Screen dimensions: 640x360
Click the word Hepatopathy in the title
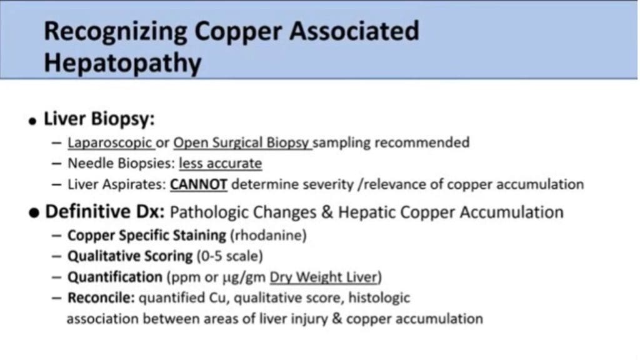point(122,64)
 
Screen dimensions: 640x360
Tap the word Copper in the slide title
point(238,32)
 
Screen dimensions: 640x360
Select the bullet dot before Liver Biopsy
point(32,121)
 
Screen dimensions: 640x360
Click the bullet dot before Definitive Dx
point(34,212)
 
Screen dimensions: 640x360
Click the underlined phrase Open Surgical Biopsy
point(241,142)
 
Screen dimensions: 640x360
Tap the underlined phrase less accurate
point(221,163)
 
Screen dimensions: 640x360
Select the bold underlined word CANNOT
point(198,184)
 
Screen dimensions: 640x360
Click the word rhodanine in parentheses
point(268,236)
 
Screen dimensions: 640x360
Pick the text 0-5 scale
point(230,256)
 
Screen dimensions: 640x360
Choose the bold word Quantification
point(115,277)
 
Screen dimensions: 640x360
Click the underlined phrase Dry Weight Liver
point(323,277)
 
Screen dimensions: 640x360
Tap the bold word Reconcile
point(101,298)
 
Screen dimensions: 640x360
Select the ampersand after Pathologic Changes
point(327,212)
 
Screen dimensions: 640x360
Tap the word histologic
point(379,298)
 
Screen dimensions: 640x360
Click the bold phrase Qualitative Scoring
point(130,256)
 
